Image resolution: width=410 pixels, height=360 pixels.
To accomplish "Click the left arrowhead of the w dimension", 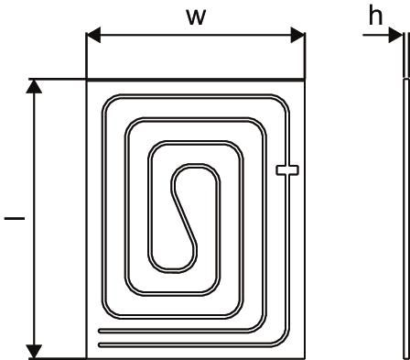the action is pyautogui.click(x=92, y=38).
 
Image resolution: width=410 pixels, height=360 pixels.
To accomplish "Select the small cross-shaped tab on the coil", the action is pyautogui.click(x=286, y=169).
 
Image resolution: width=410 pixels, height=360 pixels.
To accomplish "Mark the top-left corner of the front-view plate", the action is pyautogui.click(x=86, y=80).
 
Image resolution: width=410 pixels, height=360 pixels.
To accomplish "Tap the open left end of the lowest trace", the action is pyautogui.click(x=100, y=344).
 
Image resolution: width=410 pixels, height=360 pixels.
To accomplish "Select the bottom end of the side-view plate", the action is pyautogui.click(x=404, y=355).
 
